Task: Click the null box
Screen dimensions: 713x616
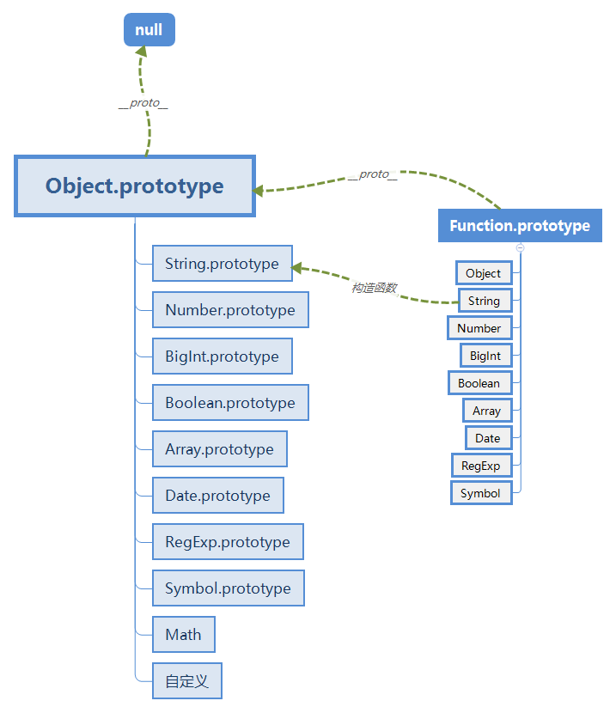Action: [149, 30]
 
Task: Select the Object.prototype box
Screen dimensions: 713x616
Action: [135, 186]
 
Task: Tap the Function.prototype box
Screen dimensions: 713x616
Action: [520, 226]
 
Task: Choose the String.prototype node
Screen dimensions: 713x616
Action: [222, 264]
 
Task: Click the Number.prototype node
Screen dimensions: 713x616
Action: [230, 310]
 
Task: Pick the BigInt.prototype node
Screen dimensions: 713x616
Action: [222, 356]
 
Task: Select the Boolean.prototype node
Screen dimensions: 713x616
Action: [230, 403]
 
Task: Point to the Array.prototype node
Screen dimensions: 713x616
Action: [219, 449]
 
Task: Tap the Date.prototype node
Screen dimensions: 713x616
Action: [217, 496]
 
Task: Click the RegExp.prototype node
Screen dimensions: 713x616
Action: [228, 542]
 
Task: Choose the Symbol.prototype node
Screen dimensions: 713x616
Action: [228, 588]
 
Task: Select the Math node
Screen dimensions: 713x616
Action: [183, 635]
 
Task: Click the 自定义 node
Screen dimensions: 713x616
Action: [186, 681]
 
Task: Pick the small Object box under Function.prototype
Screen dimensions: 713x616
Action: [483, 273]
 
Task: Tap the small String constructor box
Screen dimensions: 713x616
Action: [484, 301]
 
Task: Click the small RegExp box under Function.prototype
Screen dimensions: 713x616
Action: [481, 466]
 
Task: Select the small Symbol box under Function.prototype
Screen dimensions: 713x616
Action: [480, 493]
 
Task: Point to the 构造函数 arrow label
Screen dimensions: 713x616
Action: [374, 287]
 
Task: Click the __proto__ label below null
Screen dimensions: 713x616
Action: [143, 103]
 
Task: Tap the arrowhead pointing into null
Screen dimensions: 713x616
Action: [142, 52]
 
